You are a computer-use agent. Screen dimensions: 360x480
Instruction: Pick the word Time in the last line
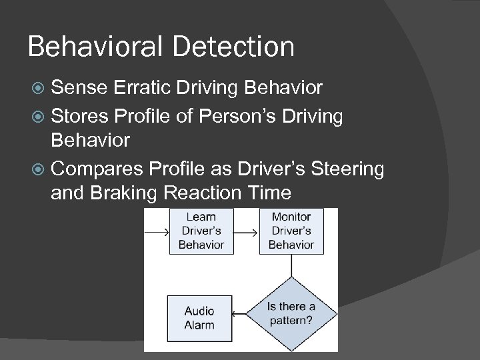tap(269, 193)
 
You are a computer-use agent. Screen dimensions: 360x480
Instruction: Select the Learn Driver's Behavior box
tap(201, 231)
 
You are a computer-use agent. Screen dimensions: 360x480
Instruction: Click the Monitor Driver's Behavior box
tap(291, 231)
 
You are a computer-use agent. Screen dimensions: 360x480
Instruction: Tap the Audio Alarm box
tap(199, 317)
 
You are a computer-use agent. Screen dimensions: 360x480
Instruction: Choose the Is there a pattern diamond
tap(291, 313)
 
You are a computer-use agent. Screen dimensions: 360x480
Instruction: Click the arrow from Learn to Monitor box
tap(245, 233)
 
